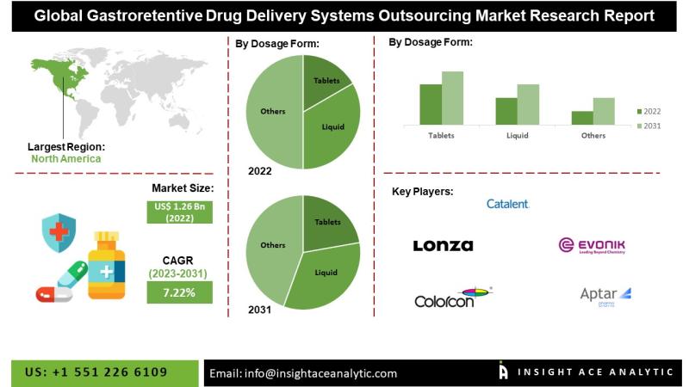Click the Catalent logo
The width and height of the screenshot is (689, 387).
pos(507,204)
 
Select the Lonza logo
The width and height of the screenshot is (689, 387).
pos(443,246)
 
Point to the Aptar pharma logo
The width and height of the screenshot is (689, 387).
pos(605,296)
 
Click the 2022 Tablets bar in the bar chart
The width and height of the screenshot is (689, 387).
pos(431,104)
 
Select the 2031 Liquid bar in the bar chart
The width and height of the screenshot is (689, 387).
pos(528,104)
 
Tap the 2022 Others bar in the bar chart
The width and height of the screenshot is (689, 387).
pos(582,118)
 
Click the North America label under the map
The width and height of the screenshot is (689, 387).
pos(65,158)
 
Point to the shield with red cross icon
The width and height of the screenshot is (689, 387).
pos(59,232)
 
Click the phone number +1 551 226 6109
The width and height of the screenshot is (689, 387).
pos(96,372)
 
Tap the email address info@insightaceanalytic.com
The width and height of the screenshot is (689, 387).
pos(303,373)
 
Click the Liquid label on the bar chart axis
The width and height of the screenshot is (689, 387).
pos(517,136)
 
